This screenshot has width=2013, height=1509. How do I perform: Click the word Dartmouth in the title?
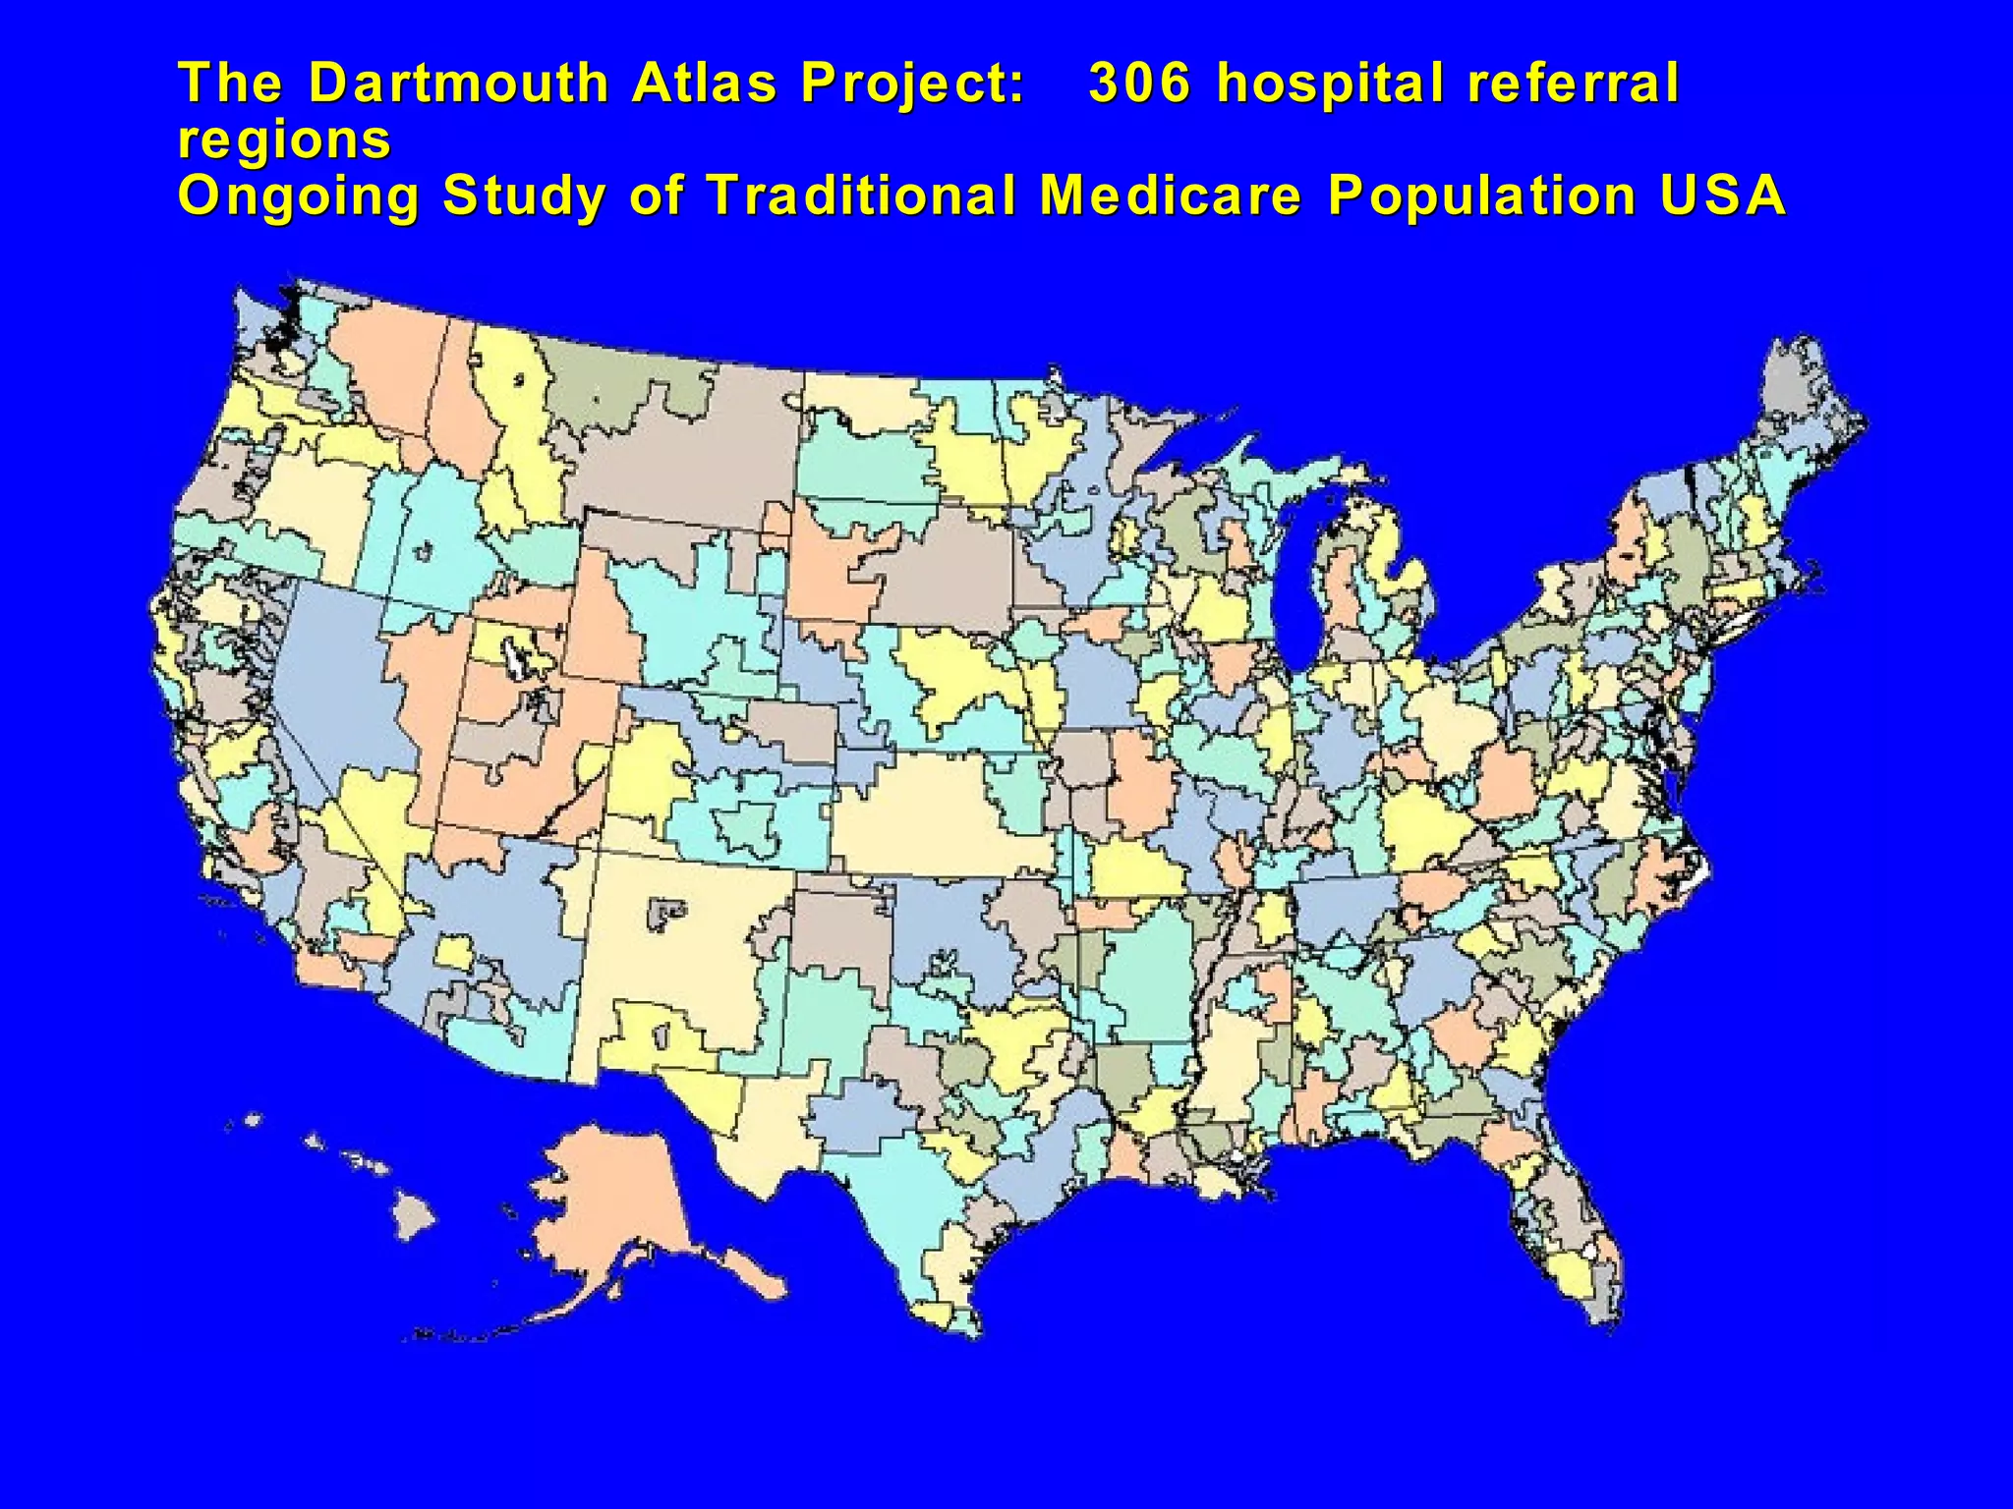click(x=458, y=83)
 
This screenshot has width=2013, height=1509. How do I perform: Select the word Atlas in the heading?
click(x=704, y=83)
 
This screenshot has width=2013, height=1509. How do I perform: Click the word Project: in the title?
click(x=913, y=84)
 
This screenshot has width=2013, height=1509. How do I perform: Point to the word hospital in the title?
click(x=1331, y=84)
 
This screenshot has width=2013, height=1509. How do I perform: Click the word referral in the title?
click(x=1573, y=83)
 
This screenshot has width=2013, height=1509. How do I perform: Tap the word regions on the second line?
click(x=284, y=140)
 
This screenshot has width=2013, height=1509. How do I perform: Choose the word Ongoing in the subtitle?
click(x=299, y=196)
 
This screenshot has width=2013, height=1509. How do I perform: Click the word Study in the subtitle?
click(x=525, y=196)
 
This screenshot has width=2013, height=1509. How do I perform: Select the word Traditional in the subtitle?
click(x=861, y=195)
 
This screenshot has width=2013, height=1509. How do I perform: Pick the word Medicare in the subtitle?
click(x=1171, y=195)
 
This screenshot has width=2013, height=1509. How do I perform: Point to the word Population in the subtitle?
click(x=1481, y=196)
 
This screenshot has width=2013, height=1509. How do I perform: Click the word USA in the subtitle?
click(x=1722, y=195)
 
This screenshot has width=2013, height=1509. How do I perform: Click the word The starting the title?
click(x=230, y=83)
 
